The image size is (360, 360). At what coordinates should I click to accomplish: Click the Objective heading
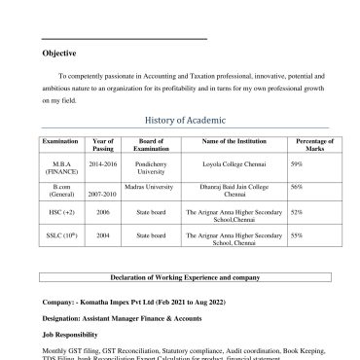pyautogui.click(x=59, y=53)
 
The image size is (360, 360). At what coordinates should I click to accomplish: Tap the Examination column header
pyautogui.click(x=61, y=142)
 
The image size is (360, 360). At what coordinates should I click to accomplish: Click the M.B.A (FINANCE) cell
pyautogui.click(x=61, y=168)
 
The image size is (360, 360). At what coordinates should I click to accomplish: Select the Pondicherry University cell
pyautogui.click(x=151, y=168)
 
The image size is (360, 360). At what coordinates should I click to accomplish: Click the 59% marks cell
pyautogui.click(x=296, y=164)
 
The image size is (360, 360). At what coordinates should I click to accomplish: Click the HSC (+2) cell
pyautogui.click(x=61, y=211)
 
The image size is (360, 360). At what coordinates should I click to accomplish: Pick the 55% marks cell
pyautogui.click(x=296, y=235)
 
